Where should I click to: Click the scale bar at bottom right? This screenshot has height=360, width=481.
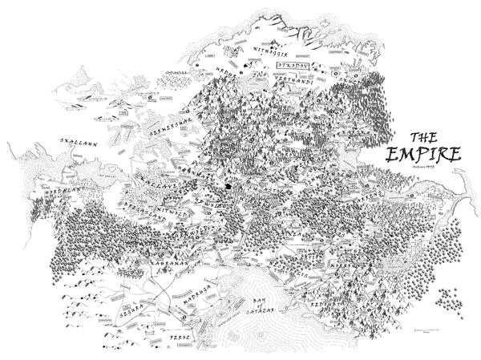click(430, 331)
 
